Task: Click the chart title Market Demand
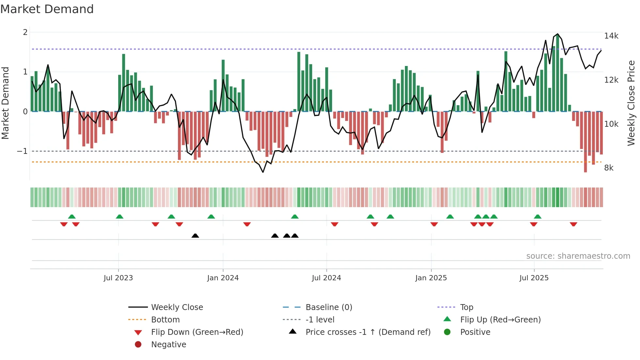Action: tap(47, 9)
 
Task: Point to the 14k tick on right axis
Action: tap(611, 36)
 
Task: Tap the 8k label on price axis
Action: tap(609, 168)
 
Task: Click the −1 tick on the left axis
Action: tap(22, 151)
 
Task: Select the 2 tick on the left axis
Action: tap(25, 32)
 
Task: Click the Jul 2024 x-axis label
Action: tap(326, 278)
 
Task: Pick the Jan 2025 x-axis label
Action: tap(431, 278)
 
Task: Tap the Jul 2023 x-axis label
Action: tap(118, 278)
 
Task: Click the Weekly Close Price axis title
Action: tap(631, 103)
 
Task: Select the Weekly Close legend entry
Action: tap(177, 307)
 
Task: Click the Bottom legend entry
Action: tap(165, 320)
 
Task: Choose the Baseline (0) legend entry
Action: tap(328, 307)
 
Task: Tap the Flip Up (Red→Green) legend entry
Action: tap(500, 320)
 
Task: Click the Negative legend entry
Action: tap(168, 345)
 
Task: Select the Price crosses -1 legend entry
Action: tap(368, 332)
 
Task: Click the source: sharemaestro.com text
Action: tap(578, 256)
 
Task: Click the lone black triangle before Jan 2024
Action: tap(195, 236)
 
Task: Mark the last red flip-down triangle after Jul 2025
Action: tap(573, 224)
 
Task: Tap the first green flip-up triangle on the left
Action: tap(72, 217)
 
